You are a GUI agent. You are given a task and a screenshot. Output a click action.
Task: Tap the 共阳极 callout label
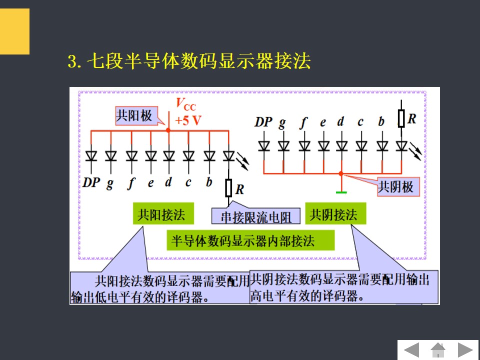point(133,115)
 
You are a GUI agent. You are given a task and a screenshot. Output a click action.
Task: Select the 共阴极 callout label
point(395,187)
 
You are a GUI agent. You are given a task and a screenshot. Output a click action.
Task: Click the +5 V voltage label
point(188,120)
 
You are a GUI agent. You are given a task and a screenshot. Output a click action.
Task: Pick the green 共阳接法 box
point(161,215)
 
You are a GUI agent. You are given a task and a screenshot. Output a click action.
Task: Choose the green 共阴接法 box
point(333,215)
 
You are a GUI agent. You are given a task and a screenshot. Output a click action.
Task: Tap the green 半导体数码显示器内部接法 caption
point(250,241)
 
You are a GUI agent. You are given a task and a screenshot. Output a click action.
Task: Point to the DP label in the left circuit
point(91,182)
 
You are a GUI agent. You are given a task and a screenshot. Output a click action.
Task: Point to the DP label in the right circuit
point(263,121)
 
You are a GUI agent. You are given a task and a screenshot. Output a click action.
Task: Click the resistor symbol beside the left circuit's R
point(228,188)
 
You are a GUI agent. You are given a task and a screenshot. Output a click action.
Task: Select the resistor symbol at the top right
point(401,118)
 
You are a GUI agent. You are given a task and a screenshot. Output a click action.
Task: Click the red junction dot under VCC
point(168,130)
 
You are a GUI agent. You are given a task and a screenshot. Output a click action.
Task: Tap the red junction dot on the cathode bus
point(341,173)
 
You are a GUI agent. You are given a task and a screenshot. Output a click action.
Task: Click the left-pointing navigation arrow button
point(411,349)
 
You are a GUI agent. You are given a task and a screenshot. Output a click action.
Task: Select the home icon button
point(438,349)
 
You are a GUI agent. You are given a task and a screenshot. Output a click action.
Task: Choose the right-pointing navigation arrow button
point(465,349)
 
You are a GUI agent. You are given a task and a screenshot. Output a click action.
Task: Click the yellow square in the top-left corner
point(14,31)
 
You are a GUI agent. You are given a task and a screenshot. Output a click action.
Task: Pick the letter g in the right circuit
point(282,122)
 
